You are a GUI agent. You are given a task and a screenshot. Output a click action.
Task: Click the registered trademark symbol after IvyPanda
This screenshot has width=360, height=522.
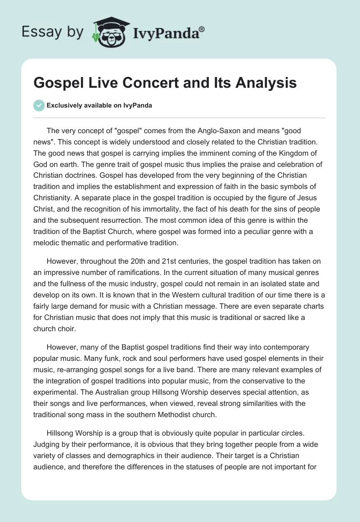[x=202, y=30]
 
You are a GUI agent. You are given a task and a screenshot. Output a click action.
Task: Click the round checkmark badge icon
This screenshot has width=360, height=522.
[x=39, y=105]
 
